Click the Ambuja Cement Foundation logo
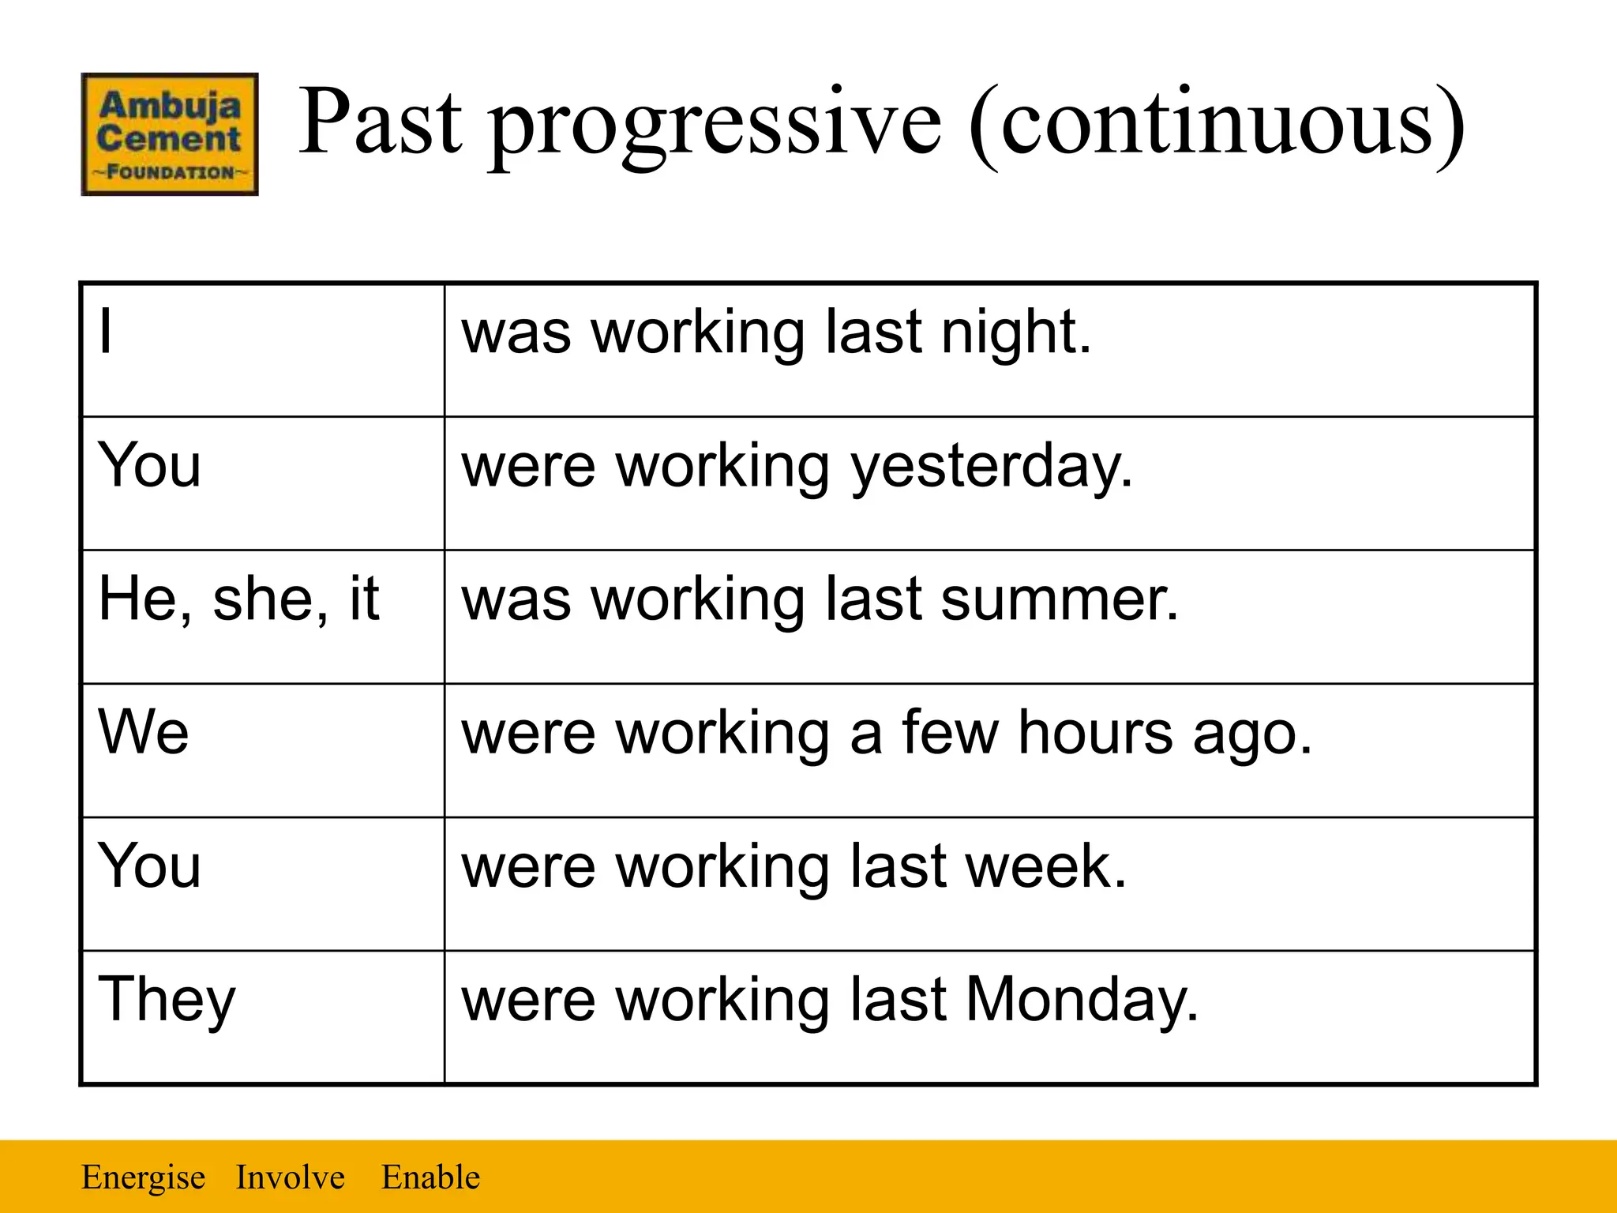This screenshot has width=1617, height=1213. point(170,134)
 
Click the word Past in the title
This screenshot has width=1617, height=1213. point(380,122)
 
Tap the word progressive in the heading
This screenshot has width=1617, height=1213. point(715,126)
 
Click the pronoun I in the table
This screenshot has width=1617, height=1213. point(106,332)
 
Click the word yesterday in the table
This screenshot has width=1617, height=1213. point(992,468)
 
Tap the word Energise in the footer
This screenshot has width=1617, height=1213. point(143,1177)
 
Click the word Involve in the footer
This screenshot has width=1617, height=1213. point(291,1177)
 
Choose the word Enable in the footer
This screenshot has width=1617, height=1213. point(430,1177)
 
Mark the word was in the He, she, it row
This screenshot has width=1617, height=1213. point(516,599)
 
